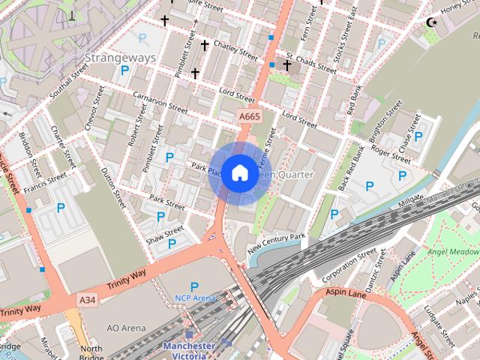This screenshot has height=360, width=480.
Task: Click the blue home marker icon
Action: pos(239,173)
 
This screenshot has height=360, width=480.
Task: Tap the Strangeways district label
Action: pos(120,58)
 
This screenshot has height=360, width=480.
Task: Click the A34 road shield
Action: pos(88,300)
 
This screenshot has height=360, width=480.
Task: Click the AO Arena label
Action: pos(125,328)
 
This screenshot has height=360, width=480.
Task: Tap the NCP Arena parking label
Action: pos(194,298)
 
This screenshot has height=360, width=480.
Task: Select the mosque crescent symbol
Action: pos(431,22)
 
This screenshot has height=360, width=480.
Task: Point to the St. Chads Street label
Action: pos(310,62)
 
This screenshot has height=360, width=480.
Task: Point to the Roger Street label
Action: pos(391,154)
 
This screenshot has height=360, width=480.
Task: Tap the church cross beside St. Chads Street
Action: pos(286,66)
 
